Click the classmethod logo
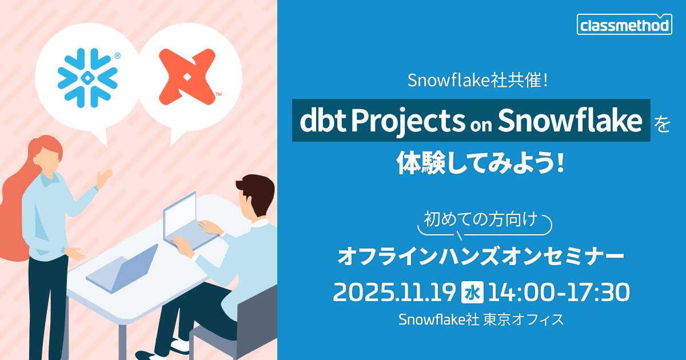point(625,25)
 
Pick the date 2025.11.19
point(394,292)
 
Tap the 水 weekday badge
point(472,292)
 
